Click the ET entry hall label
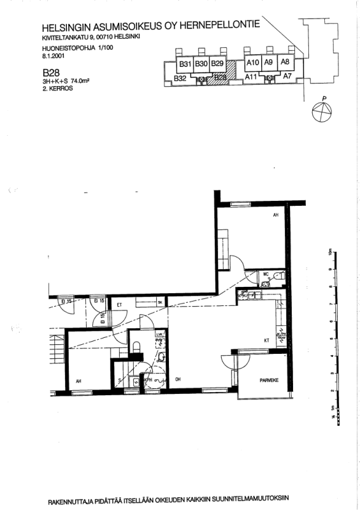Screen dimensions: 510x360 pos(119,305)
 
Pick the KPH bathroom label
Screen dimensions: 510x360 pos(148,381)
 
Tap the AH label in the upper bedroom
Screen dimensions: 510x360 pos(276,215)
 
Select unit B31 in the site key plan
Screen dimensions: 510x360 pos(185,64)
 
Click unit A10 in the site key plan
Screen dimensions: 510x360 pos(252,62)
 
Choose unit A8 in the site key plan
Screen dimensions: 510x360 pos(285,62)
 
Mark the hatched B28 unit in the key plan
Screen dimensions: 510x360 pos(220,78)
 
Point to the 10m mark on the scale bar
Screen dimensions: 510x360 pos(331,251)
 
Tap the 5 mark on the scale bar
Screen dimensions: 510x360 pos(331,338)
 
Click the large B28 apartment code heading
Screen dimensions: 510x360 pos(50,73)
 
